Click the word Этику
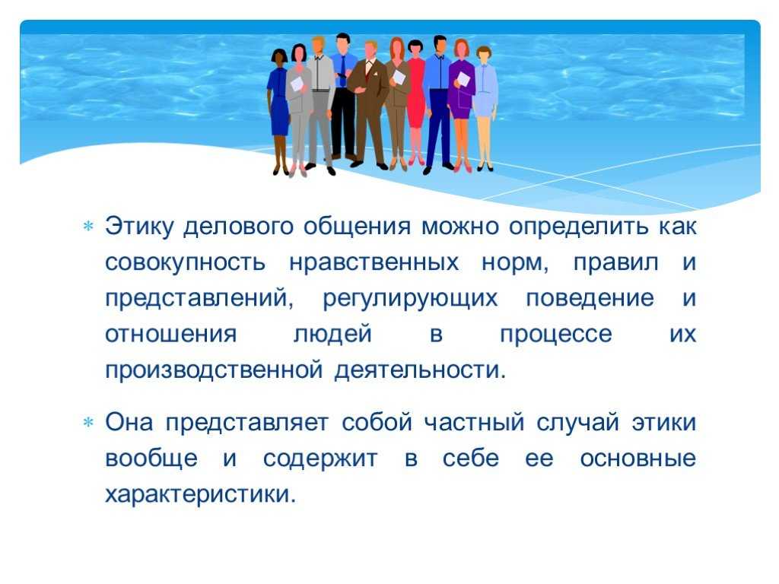point(139,227)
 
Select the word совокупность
point(186,262)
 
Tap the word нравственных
point(374,262)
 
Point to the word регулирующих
point(410,299)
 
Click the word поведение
point(590,298)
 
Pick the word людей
point(332,335)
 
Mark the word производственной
point(214,371)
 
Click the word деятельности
point(420,370)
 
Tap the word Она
point(129,422)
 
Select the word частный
point(475,423)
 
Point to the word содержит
point(320,459)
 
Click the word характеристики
point(200,494)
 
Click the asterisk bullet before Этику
point(88,227)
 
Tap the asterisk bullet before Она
point(88,423)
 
